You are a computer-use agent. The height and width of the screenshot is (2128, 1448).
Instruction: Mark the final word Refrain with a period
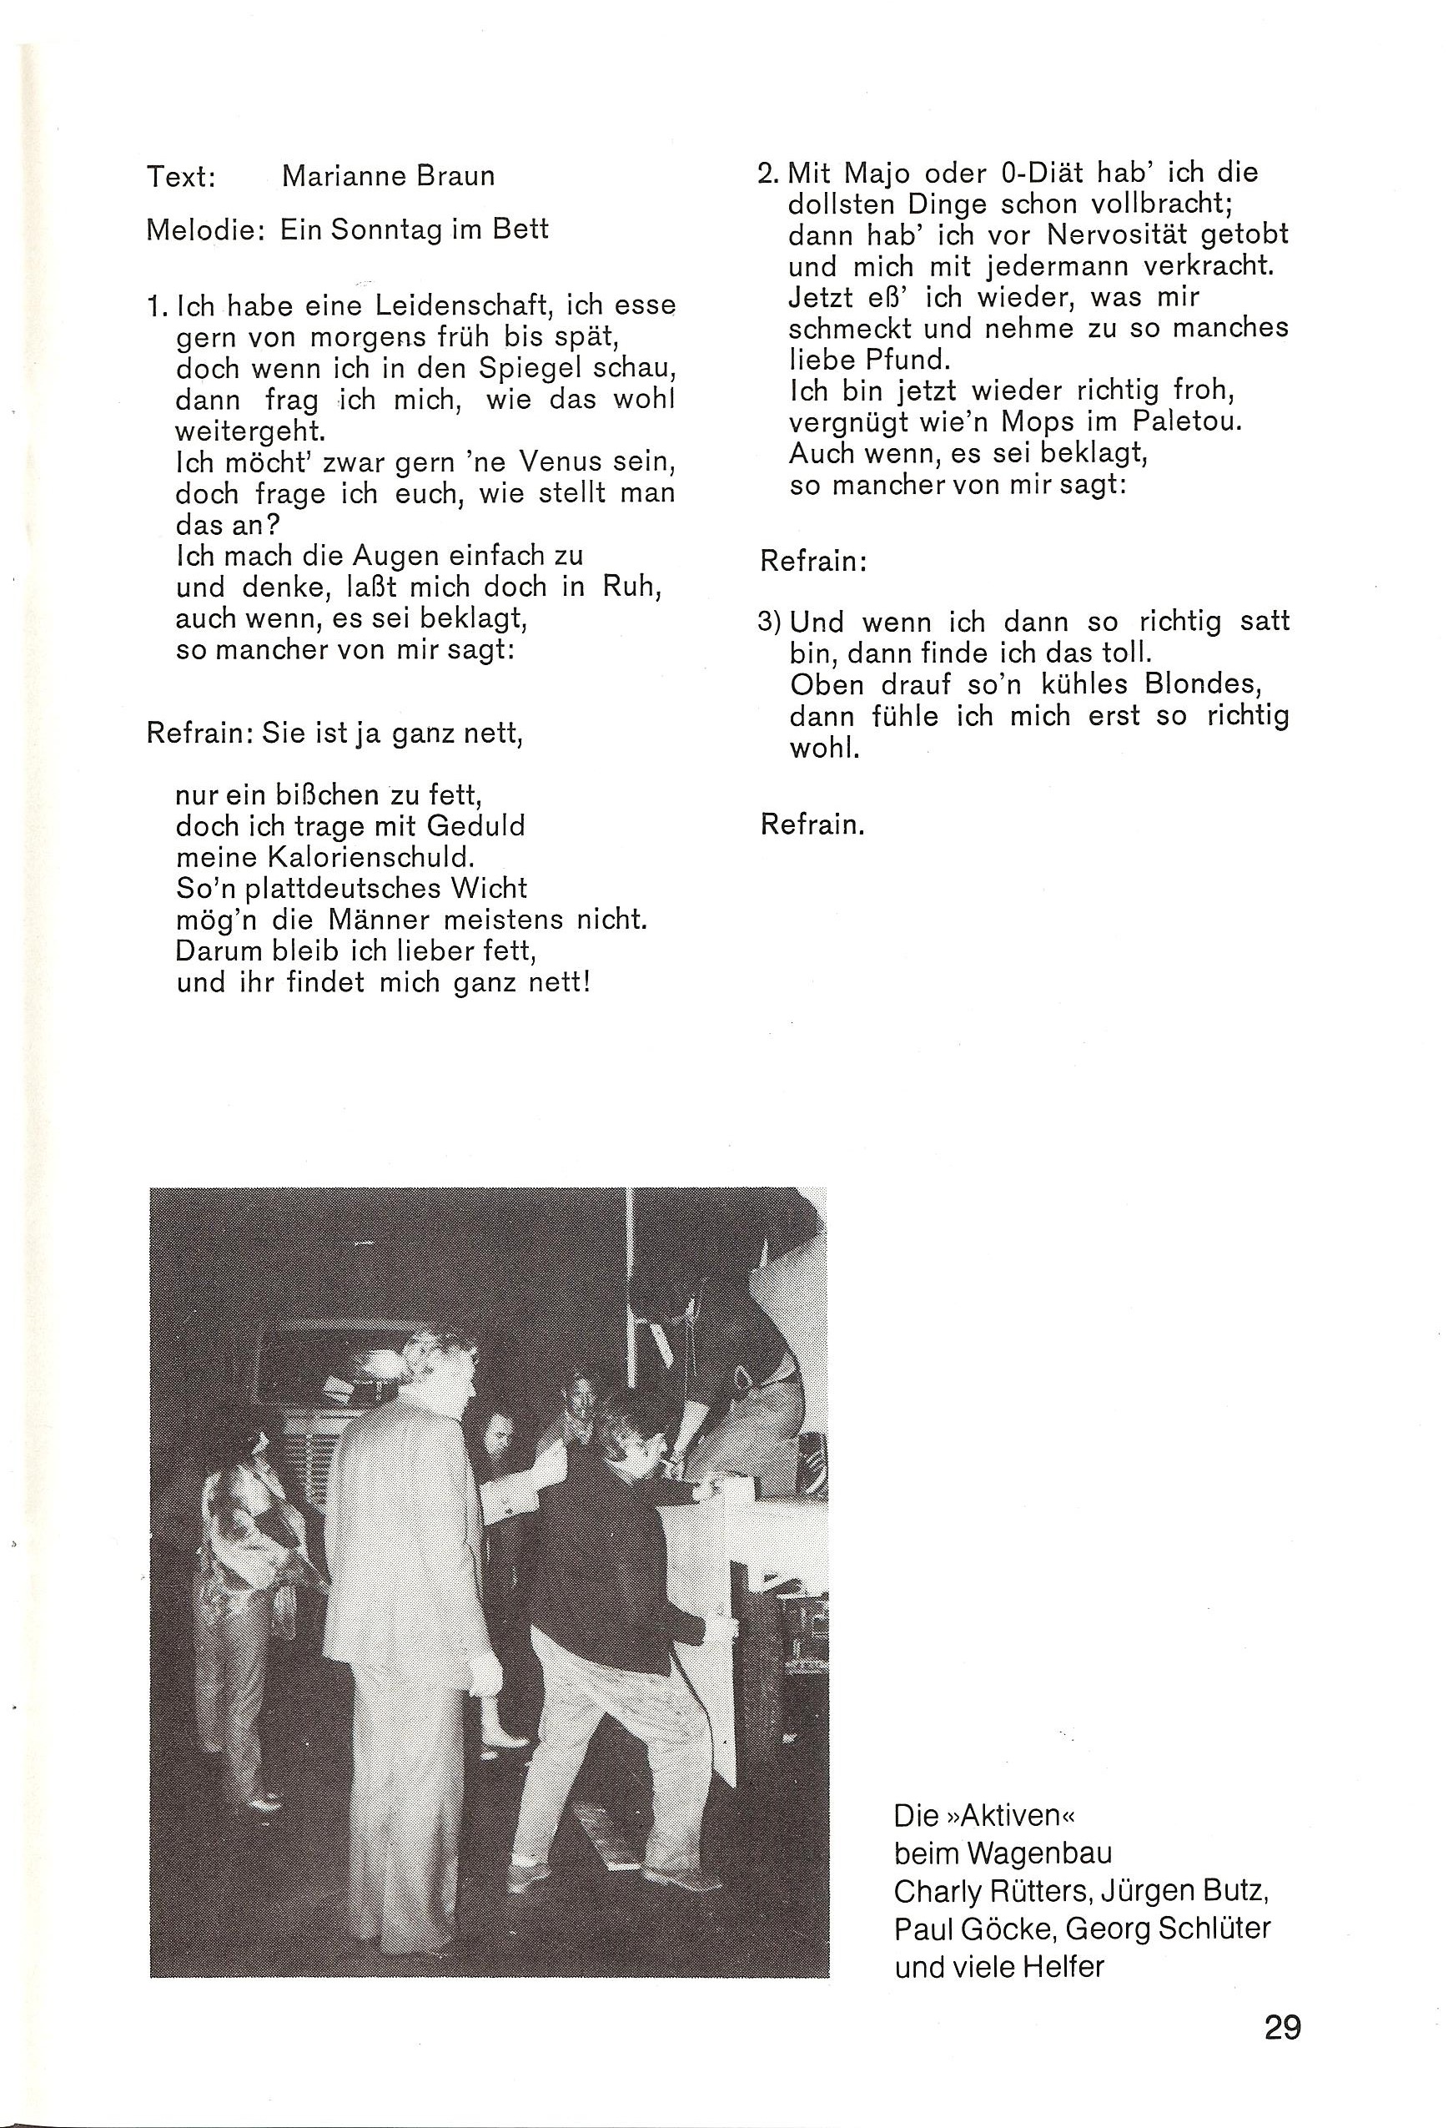point(812,825)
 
